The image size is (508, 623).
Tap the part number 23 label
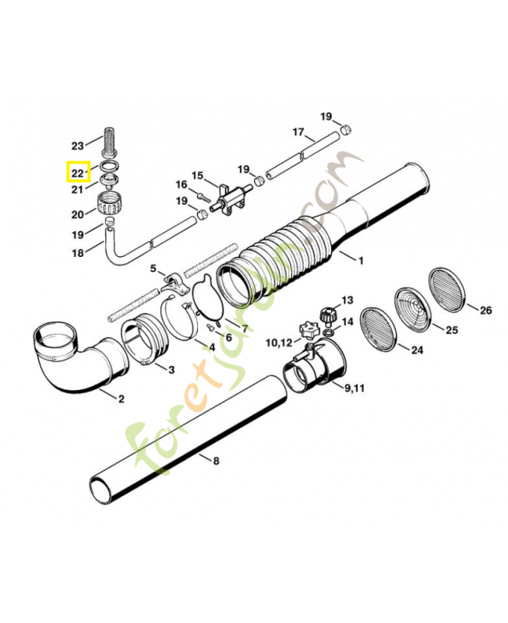click(78, 146)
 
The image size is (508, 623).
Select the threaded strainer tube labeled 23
click(108, 142)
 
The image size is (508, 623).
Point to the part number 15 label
click(198, 176)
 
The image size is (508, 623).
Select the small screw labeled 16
click(204, 197)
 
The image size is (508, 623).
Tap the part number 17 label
click(298, 132)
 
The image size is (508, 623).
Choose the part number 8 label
click(217, 461)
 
